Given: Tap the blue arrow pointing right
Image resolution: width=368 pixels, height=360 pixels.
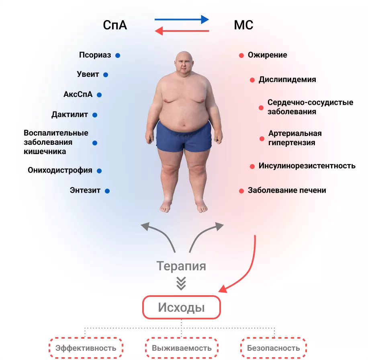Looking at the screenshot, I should [x=182, y=19].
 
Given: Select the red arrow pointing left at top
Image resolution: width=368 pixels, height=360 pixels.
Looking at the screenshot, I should [x=182, y=31].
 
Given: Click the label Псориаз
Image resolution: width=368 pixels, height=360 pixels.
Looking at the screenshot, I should [x=95, y=56].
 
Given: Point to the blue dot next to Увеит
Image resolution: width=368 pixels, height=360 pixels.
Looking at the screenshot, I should [x=106, y=75].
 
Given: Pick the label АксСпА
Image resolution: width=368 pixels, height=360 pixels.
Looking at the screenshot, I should [x=78, y=95].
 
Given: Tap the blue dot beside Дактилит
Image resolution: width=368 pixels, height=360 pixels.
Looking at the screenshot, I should [x=95, y=115].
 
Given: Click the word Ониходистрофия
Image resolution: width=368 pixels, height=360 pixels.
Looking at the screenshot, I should [x=60, y=170].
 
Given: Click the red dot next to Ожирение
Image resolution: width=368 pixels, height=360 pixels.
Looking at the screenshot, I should [x=241, y=56].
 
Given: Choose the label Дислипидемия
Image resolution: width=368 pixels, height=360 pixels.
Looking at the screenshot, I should [x=287, y=80].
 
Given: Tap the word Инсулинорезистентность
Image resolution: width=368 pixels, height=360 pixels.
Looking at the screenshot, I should [x=307, y=166].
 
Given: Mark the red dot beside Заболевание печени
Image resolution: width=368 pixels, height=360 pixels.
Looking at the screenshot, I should [x=241, y=191].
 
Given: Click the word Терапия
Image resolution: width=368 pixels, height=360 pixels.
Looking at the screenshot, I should [x=181, y=266].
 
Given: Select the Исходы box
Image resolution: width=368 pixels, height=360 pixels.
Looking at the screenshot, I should [x=181, y=308].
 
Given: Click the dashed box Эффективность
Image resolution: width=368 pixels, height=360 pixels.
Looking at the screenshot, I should [x=86, y=348].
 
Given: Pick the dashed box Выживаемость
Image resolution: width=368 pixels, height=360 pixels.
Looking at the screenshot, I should [x=181, y=348].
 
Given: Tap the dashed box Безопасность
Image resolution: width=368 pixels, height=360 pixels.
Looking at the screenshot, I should [x=273, y=348].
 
